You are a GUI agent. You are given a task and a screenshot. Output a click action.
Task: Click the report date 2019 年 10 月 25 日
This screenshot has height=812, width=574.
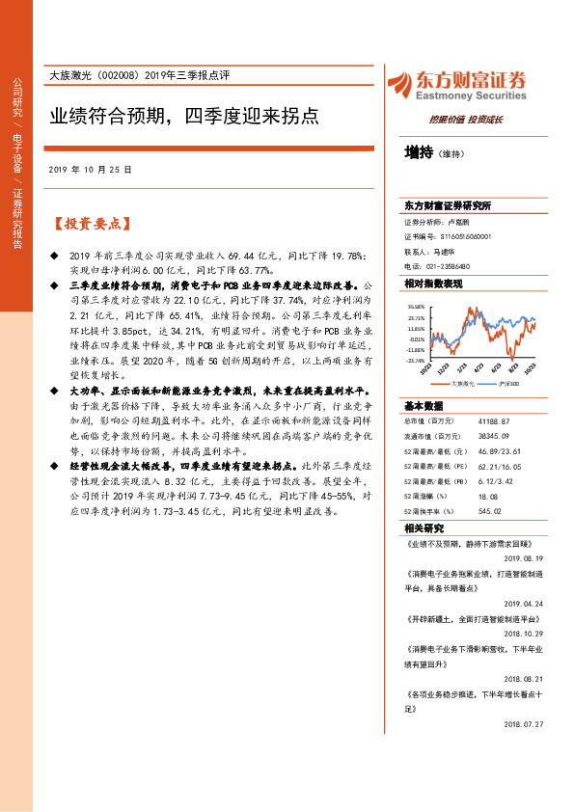click(x=90, y=169)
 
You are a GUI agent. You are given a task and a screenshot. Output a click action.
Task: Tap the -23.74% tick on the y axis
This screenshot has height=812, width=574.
click(x=416, y=360)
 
